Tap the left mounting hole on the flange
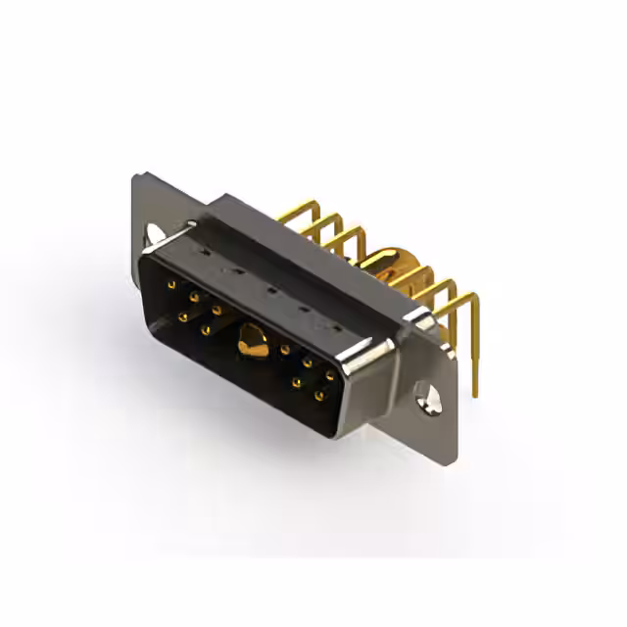[155, 234]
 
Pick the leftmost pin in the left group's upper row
[172, 285]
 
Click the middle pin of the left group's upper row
[195, 297]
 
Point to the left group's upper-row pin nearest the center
[217, 310]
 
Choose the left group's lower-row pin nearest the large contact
[206, 330]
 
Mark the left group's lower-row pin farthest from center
[183, 316]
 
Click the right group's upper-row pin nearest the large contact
[285, 349]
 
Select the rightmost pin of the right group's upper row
[330, 375]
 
